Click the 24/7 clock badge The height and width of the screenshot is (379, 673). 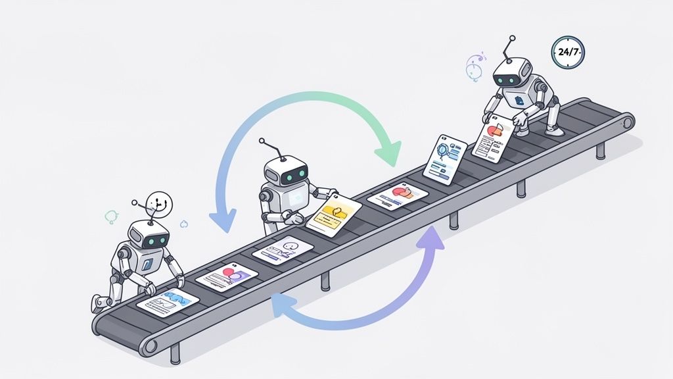click(x=568, y=51)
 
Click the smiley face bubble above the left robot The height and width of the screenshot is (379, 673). click(x=157, y=203)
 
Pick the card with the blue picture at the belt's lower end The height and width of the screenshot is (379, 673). click(x=168, y=301)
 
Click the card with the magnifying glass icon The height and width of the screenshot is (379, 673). click(x=444, y=161)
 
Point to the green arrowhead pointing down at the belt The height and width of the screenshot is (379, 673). click(x=387, y=155)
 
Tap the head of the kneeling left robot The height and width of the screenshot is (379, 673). click(x=148, y=236)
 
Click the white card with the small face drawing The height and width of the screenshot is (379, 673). click(x=282, y=250)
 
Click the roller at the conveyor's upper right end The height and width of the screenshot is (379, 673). click(x=626, y=122)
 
